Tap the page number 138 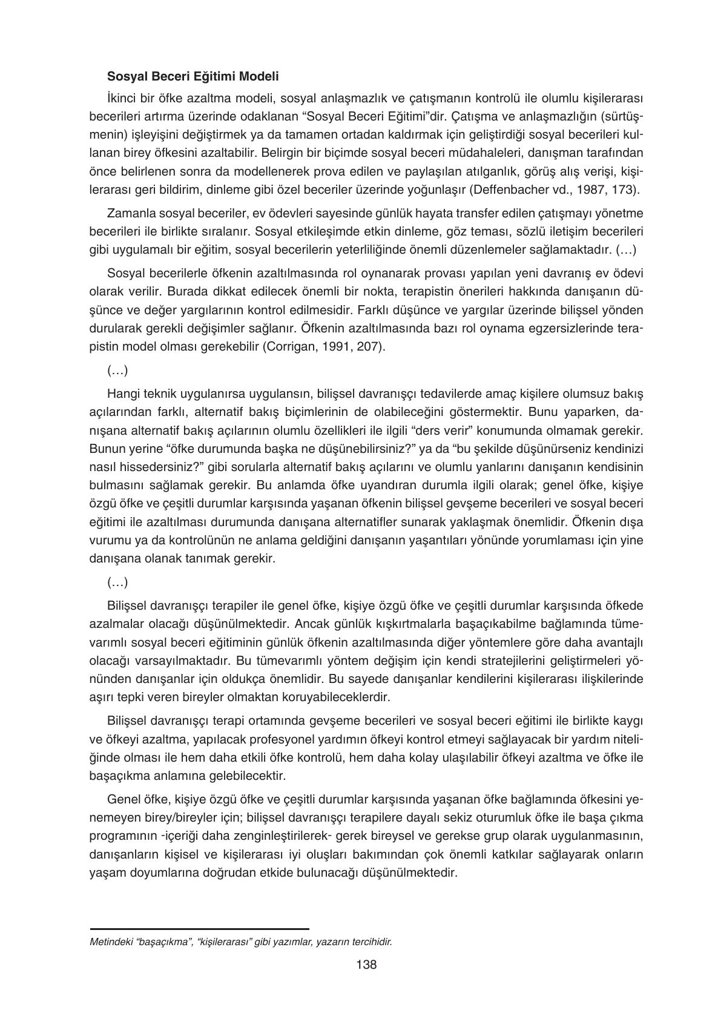coord(366,965)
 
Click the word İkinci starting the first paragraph coord(122,98)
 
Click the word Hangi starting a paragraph coord(122,394)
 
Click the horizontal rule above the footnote coord(199,928)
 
